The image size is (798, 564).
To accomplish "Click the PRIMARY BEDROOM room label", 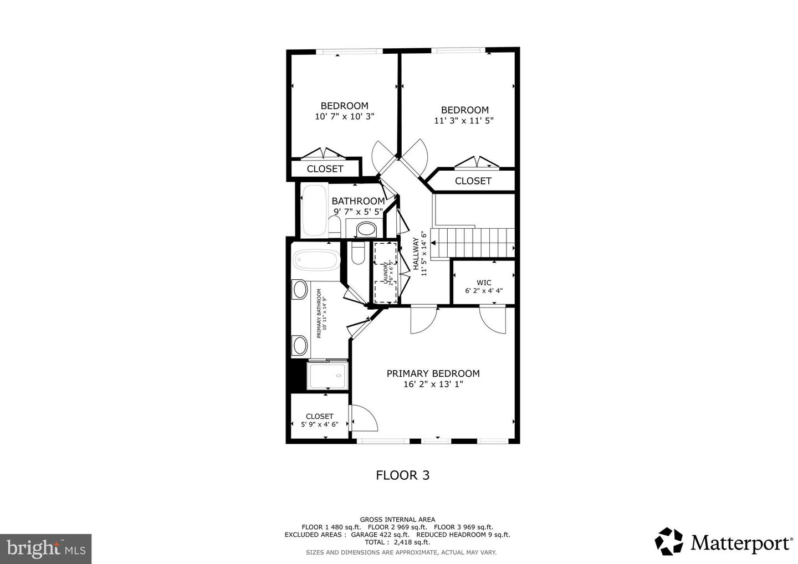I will (433, 373).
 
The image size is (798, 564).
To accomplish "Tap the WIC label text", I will (484, 283).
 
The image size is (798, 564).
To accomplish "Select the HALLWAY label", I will (416, 254).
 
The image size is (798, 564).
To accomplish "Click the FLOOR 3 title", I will (402, 475).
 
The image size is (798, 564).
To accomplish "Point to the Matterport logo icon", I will (669, 541).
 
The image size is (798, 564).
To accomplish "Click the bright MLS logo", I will (46, 548).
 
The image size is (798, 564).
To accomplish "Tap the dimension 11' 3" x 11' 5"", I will (464, 120).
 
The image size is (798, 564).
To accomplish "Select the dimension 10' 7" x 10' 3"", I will (344, 116).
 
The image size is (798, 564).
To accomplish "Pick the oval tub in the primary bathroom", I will (316, 260).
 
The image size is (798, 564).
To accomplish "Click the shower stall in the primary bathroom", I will (327, 376).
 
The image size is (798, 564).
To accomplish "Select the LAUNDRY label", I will (385, 273).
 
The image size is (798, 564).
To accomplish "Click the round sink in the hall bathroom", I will (365, 228).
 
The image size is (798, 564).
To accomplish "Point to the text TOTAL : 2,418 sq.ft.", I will (397, 542).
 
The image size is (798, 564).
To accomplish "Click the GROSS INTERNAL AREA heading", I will (397, 519).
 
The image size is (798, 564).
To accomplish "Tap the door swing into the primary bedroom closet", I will (363, 418).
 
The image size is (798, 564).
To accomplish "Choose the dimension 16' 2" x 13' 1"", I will (433, 384).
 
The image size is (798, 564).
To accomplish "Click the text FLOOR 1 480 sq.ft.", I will (330, 527).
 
